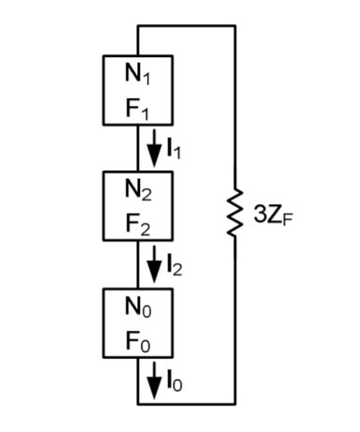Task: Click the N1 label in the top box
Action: click(138, 74)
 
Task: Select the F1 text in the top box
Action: click(138, 111)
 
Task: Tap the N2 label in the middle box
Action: click(138, 189)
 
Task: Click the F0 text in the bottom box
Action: click(138, 341)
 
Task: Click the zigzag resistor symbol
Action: click(234, 214)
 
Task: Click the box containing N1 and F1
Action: click(138, 92)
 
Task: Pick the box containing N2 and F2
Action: click(138, 207)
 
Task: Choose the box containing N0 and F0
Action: click(138, 322)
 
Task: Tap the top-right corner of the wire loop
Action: click(235, 26)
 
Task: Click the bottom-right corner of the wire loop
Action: click(235, 403)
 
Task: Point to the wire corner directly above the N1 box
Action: click(138, 26)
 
